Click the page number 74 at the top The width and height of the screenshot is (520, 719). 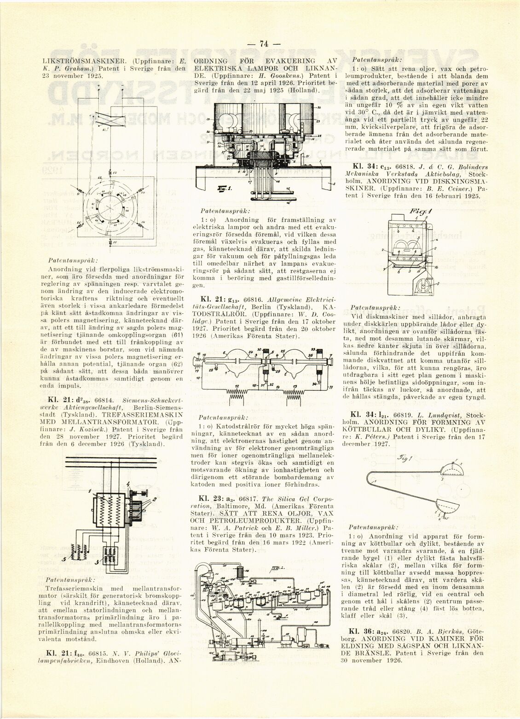[x=264, y=44]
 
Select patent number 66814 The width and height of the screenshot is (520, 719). [x=87, y=399]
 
